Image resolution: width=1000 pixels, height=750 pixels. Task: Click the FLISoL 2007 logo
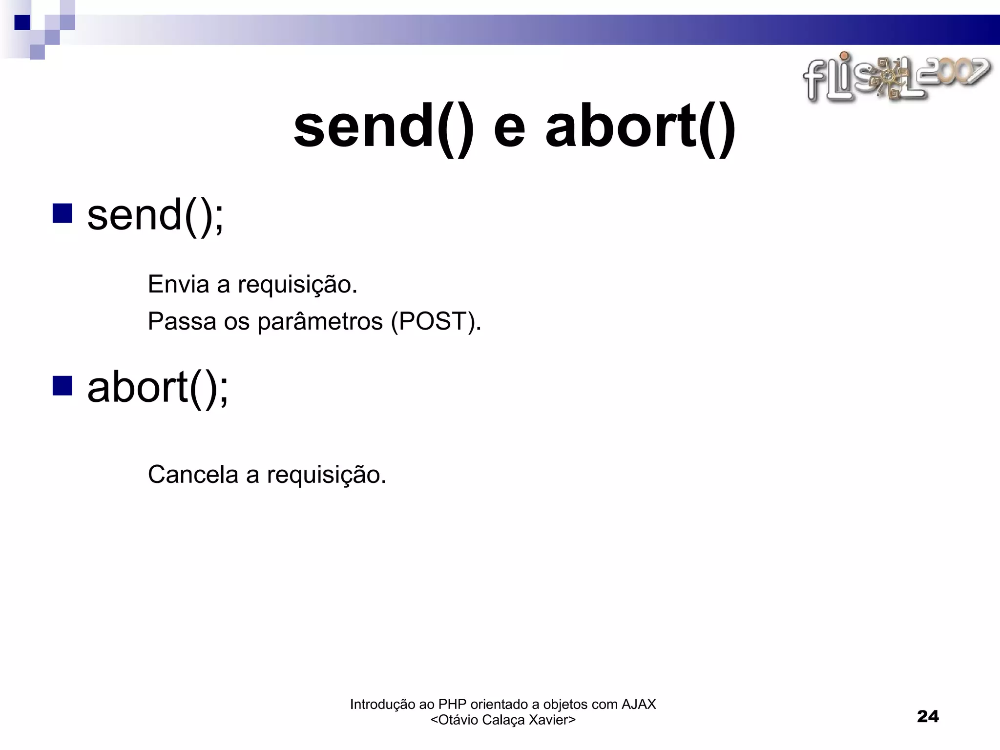click(x=896, y=78)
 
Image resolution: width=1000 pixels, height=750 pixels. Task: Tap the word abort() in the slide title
click(x=640, y=128)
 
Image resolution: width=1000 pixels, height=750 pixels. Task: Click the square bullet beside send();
click(x=62, y=213)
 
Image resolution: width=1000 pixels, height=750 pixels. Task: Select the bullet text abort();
click(x=157, y=387)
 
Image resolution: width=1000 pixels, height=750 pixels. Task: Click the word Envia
click(x=178, y=284)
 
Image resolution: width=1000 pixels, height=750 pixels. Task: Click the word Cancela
click(x=192, y=474)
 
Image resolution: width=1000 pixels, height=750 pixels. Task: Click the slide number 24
click(x=928, y=716)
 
